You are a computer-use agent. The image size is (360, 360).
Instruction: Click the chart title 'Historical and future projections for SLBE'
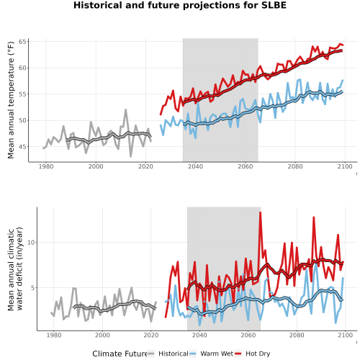180,5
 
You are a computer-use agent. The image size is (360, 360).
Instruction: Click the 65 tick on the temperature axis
22,42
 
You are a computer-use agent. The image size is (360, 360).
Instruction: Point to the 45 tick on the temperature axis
22,147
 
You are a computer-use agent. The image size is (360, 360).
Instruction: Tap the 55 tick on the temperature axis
22,94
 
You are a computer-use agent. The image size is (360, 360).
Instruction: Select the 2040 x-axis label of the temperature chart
195,166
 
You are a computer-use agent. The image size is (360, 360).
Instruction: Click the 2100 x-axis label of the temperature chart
345,166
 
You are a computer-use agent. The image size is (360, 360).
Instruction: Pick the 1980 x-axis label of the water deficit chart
54,335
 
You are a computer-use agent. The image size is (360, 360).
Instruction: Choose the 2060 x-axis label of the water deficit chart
248,335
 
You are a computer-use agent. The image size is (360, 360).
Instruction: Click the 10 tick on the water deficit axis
31,243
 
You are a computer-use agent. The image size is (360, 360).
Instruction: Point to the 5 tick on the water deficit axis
33,287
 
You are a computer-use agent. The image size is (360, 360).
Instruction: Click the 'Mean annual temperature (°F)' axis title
11,100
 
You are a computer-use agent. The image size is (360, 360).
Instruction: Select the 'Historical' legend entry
168,354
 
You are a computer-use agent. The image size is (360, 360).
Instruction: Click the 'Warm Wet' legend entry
211,354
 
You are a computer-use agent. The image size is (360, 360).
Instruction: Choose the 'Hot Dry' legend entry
253,354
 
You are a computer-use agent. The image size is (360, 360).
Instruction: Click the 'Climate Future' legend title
120,354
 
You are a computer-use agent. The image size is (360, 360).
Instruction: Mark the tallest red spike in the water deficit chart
260,212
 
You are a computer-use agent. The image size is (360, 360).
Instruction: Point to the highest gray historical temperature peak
125,110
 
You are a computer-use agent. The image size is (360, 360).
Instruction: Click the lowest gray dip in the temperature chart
131,156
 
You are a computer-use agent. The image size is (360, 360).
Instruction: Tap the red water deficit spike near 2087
313,217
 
